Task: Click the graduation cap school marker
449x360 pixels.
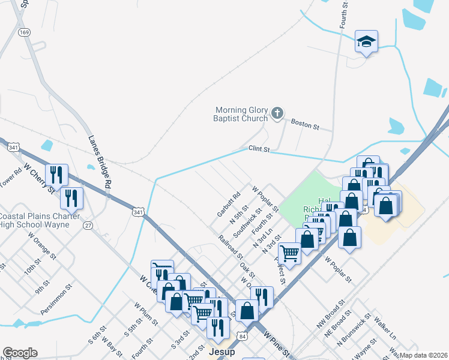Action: [366, 42]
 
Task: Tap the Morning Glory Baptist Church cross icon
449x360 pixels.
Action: [277, 113]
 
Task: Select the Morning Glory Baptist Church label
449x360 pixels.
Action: [242, 114]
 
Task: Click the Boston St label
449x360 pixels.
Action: [304, 124]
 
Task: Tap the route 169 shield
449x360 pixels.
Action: [24, 32]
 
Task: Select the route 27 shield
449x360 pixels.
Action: [88, 225]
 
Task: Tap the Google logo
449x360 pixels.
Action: [20, 353]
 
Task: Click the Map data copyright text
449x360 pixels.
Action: [423, 355]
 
